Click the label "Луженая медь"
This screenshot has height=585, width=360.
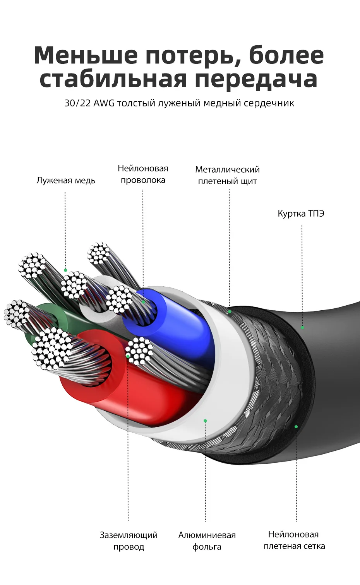pos(66,180)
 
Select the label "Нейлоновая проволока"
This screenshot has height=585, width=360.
pos(143,174)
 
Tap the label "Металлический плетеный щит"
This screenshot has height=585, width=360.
pos(227,175)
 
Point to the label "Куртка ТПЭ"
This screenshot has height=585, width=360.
pos(301,214)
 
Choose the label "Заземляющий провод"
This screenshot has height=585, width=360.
pos(129,541)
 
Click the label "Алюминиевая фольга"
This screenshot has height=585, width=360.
pos(207,541)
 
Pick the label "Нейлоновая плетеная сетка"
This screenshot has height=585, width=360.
pos(294,540)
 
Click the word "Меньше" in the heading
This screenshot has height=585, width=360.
pos(86,55)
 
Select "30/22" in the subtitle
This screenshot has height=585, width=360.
pos(77,103)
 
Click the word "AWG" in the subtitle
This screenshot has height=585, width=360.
pos(104,103)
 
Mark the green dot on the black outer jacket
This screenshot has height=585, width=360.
pos(302,327)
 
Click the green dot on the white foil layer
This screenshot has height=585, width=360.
pos(205,421)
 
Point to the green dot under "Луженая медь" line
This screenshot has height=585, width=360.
pos(65,270)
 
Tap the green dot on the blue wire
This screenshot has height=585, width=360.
pos(143,302)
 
